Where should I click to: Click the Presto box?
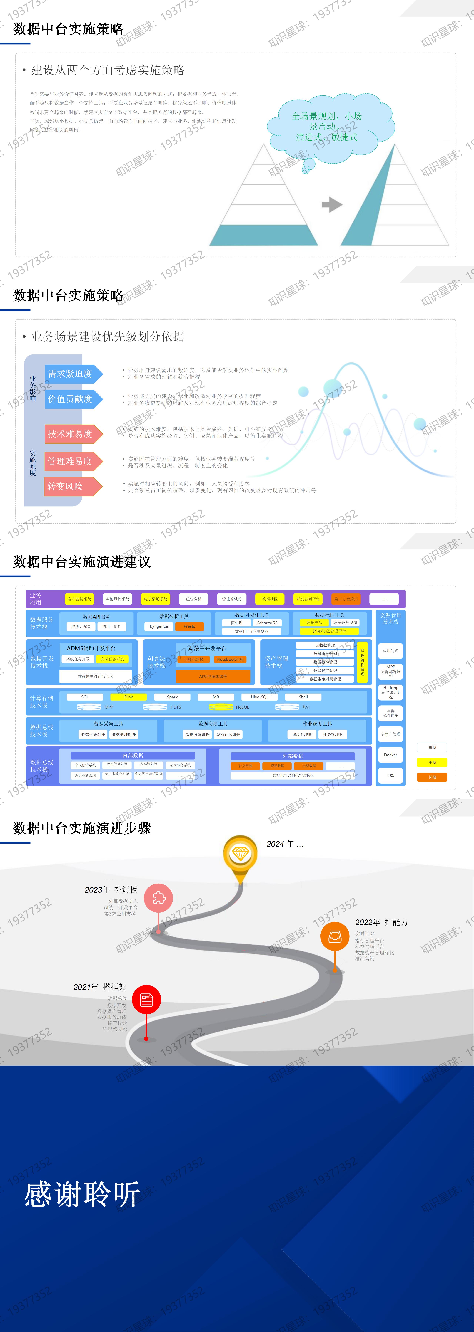click(189, 626)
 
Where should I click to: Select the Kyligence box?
click(159, 626)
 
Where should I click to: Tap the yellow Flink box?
click(128, 697)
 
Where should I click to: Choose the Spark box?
click(172, 697)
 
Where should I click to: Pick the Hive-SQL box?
click(259, 697)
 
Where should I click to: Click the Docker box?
click(391, 755)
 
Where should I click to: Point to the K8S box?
click(391, 776)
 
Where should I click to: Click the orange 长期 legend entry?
click(432, 777)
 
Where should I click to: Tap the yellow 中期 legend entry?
click(432, 762)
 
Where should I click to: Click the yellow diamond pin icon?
click(240, 854)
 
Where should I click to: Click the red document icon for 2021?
click(146, 1000)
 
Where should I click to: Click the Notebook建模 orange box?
click(230, 659)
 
